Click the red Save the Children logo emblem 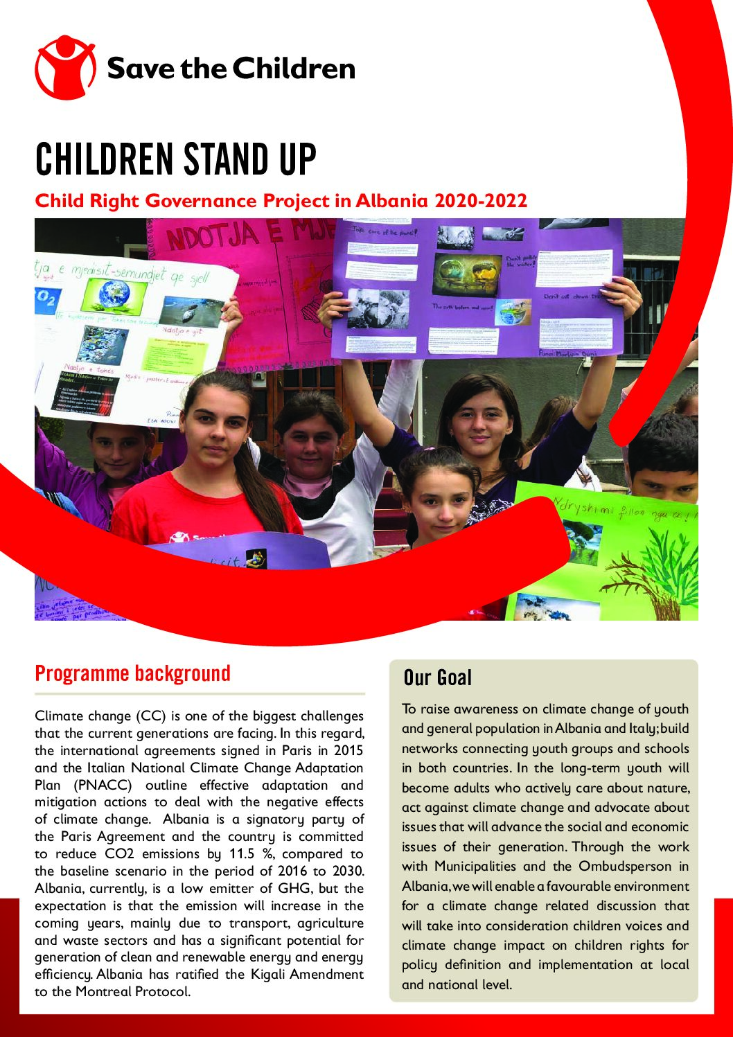64,68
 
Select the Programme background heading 132,673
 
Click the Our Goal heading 437,677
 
